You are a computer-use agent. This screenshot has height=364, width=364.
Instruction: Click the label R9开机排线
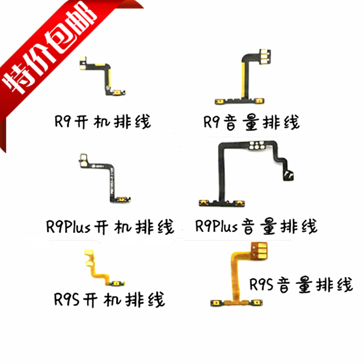coord(101,122)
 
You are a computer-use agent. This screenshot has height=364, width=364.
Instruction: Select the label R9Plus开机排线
coord(110,226)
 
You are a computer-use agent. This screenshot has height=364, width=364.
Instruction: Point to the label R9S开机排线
coord(109,299)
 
